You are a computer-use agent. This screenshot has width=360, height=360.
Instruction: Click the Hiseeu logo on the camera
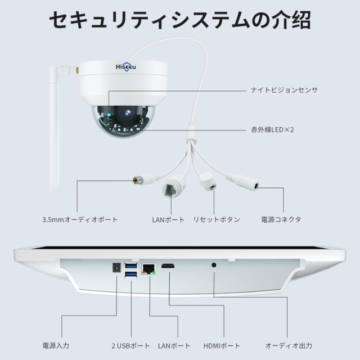(x=126, y=66)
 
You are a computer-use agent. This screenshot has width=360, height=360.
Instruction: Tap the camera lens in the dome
(x=128, y=112)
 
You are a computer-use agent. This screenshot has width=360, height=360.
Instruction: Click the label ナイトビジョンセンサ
(x=284, y=90)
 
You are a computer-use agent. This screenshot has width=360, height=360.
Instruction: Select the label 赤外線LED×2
(x=272, y=130)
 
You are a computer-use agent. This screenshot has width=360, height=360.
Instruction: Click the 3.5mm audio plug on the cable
(x=145, y=179)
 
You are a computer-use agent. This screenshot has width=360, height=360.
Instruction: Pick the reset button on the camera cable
(x=208, y=181)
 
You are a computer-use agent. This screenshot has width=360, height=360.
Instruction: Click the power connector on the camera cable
(x=243, y=182)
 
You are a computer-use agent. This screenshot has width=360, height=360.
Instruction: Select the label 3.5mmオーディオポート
(x=80, y=219)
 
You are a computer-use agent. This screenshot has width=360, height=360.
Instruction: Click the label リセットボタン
(x=216, y=219)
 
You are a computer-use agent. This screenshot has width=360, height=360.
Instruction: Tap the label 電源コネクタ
(x=281, y=219)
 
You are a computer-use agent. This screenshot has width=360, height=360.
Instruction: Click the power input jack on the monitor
(x=116, y=268)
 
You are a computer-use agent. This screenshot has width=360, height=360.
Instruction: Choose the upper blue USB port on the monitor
(x=131, y=266)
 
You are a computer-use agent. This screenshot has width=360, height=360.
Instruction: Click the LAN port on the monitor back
(x=148, y=269)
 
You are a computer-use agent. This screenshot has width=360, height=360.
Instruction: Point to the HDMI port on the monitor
(x=168, y=266)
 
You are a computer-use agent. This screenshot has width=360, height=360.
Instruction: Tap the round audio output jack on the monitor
(x=214, y=265)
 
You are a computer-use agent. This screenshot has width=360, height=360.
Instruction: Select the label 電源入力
(x=56, y=345)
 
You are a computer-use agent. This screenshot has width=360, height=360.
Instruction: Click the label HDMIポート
(x=222, y=345)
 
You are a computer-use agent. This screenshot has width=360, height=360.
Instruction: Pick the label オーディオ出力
(x=289, y=345)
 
